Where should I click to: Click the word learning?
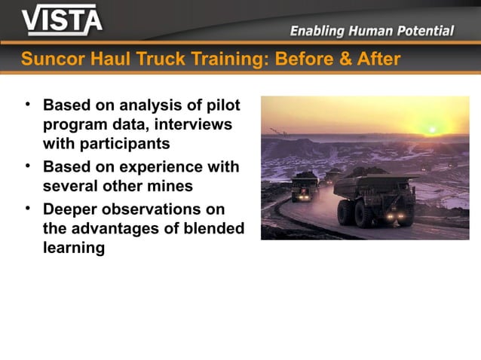[74, 248]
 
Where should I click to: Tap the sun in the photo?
[433, 129]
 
